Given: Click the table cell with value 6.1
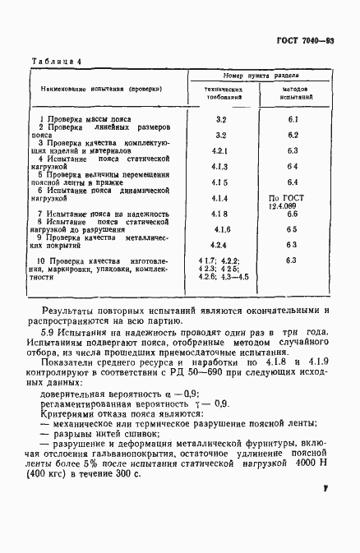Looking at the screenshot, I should click(292, 120).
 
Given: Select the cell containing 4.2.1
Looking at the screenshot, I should click(219, 151).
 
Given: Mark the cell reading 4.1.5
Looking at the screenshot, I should click(219, 182).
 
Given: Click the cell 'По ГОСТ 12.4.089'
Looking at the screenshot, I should click(292, 202).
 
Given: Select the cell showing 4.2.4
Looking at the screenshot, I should click(219, 245).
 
